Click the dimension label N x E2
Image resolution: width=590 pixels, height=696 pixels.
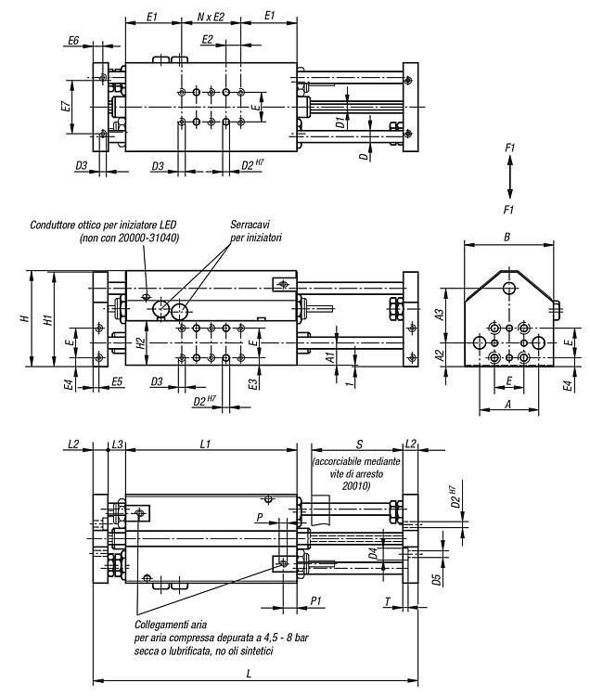[x=211, y=18]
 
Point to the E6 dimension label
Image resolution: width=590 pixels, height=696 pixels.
[x=73, y=41]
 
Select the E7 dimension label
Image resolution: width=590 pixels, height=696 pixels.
[x=65, y=107]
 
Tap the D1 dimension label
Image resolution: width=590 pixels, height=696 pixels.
[x=340, y=122]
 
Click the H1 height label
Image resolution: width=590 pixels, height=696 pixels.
[x=49, y=319]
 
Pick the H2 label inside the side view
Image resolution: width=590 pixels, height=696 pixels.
[x=140, y=343]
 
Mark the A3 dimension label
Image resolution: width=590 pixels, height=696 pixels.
[x=439, y=315]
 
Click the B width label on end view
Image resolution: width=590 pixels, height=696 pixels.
[x=507, y=237]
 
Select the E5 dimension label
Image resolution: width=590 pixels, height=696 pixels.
[x=117, y=381]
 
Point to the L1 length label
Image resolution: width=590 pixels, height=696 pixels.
[x=205, y=444]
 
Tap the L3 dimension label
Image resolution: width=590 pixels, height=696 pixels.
[x=117, y=444]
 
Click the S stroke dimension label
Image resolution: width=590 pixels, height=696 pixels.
[x=359, y=444]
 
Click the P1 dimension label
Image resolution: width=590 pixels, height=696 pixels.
[x=315, y=600]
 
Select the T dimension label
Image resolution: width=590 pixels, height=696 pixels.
[x=387, y=602]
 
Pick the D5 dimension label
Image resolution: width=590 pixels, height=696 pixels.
[x=437, y=579]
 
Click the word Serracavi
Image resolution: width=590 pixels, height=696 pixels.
[x=250, y=225]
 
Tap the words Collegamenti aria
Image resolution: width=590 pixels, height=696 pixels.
[x=171, y=625]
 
